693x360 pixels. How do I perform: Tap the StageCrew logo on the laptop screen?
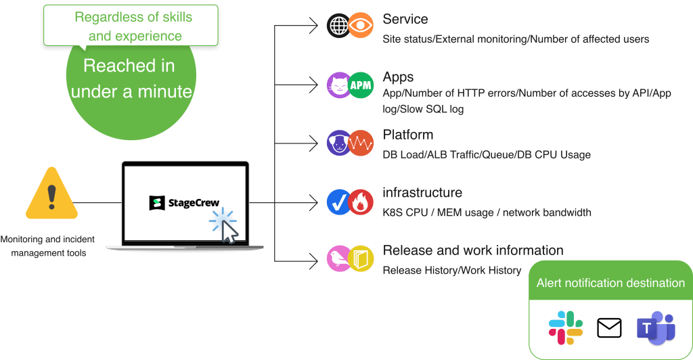(187, 202)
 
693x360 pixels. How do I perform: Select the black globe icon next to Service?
(338, 26)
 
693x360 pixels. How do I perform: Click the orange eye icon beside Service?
(361, 26)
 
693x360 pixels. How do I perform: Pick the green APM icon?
(361, 85)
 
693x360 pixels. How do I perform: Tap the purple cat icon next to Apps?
(338, 85)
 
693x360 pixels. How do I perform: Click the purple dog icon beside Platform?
(338, 143)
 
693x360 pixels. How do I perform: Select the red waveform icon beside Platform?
(361, 143)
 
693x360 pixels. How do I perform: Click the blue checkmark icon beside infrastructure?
(338, 201)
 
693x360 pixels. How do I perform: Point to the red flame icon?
(361, 201)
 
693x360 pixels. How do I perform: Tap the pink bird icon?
(338, 258)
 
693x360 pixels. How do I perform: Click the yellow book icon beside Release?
(361, 258)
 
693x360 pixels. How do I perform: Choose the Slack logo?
(566, 328)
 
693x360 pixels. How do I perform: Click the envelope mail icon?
(609, 328)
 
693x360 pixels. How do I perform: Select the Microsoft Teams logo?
(654, 328)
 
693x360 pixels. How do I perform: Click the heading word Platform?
(407, 135)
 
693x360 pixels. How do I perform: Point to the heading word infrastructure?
(422, 193)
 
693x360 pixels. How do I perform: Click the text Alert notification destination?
(610, 284)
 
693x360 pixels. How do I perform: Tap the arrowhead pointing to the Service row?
(313, 26)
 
